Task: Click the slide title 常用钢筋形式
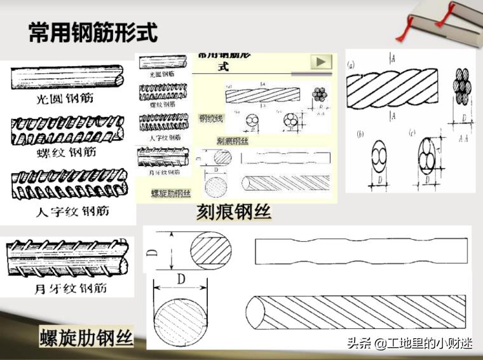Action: tap(93, 33)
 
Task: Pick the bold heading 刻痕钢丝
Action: tap(233, 212)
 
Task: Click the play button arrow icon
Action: tap(321, 62)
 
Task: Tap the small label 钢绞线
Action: tap(211, 118)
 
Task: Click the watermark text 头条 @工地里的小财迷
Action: tap(410, 344)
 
